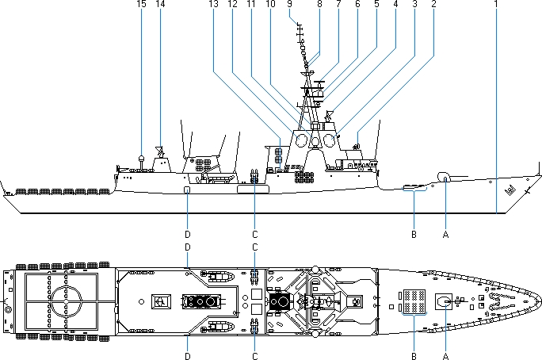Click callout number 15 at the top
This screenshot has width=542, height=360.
point(141,5)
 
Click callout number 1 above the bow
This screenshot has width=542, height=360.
point(495,5)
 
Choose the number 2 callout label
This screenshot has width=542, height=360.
point(433,5)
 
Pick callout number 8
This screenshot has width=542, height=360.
point(319,5)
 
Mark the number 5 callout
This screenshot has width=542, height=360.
point(376,5)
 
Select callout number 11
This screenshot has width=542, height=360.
point(250,5)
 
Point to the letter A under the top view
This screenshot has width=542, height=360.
point(446,357)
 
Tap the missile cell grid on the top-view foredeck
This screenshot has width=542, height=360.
point(413,301)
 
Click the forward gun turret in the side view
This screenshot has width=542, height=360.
point(445,177)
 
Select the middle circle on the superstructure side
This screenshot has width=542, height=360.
point(315,142)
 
